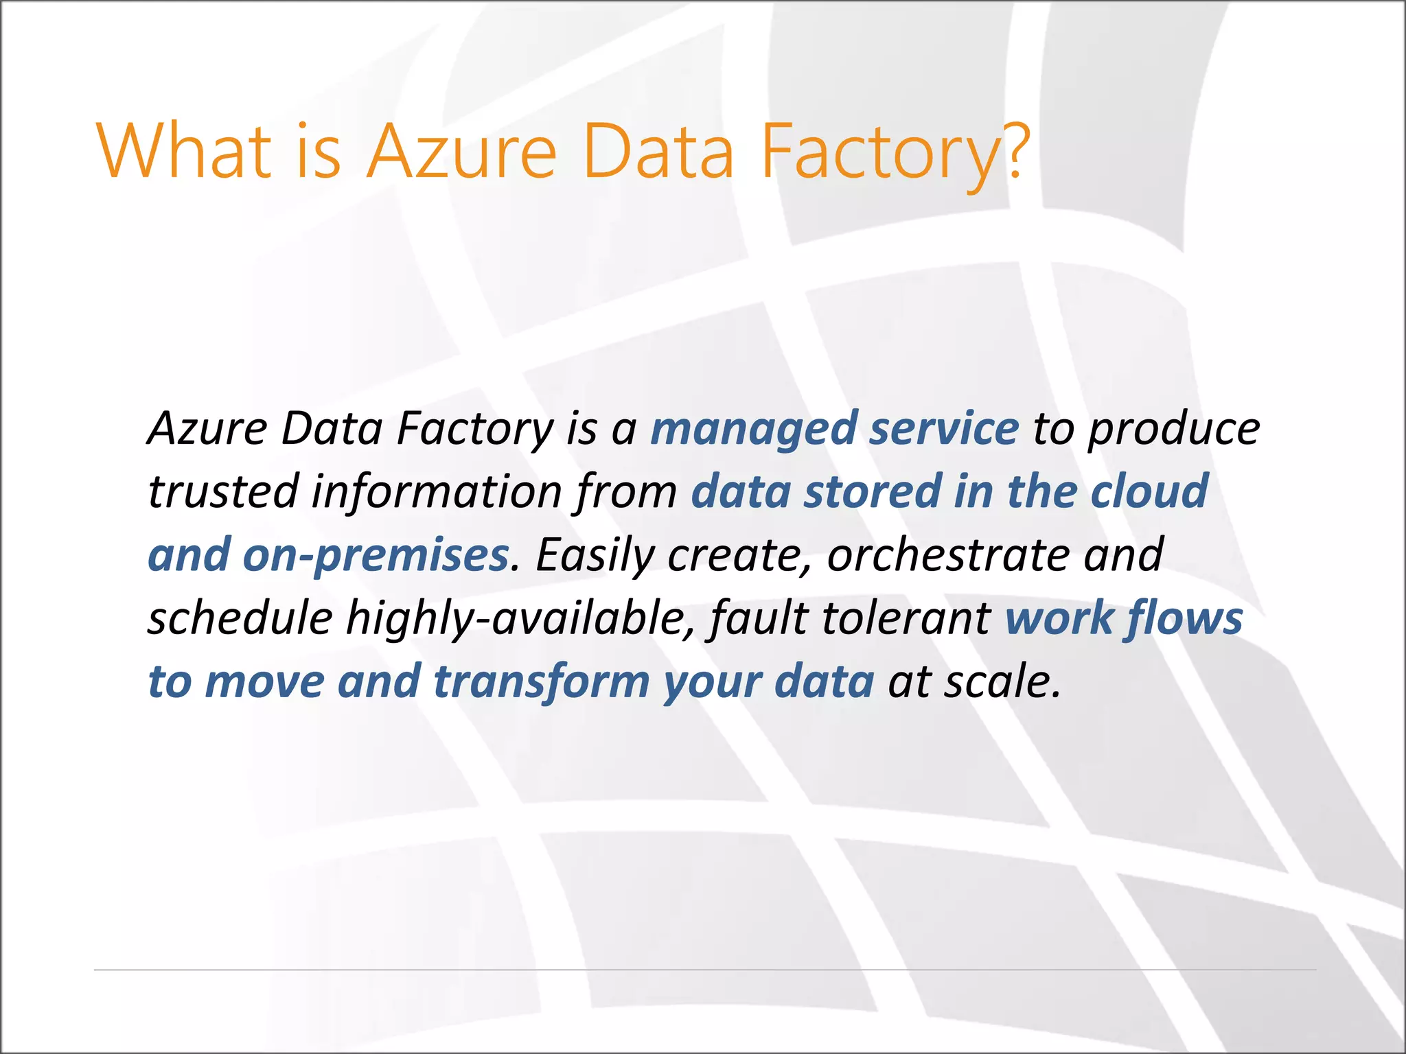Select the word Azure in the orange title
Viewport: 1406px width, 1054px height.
pyautogui.click(x=461, y=152)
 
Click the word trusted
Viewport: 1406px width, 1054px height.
pyautogui.click(x=223, y=492)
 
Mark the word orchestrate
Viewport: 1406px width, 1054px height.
pyautogui.click(x=948, y=554)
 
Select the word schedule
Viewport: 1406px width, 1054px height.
pyautogui.click(x=240, y=618)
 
